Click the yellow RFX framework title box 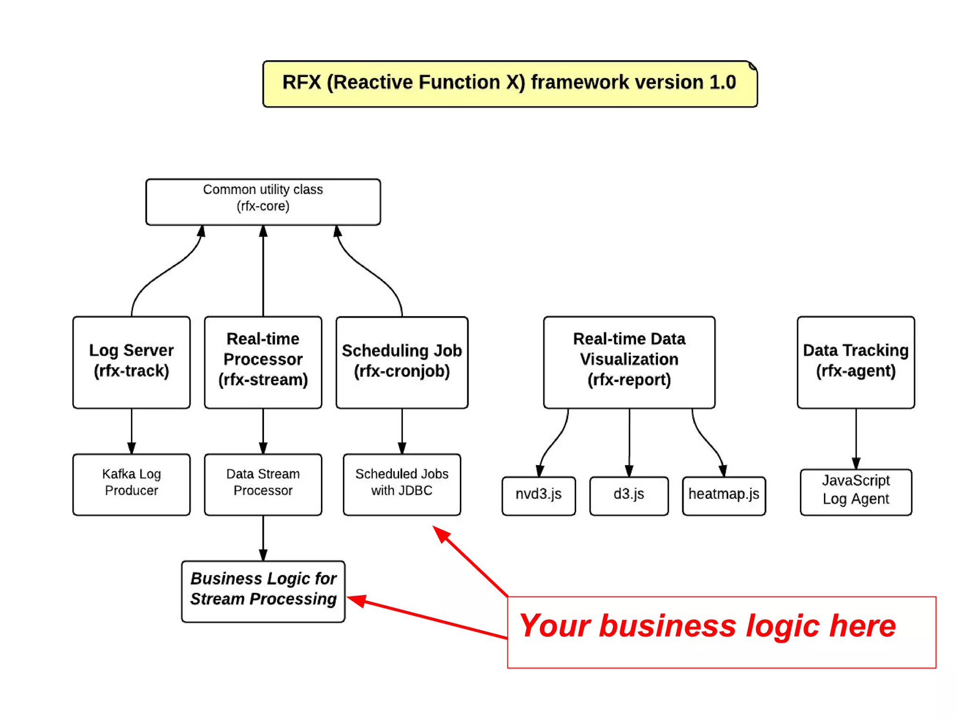click(509, 84)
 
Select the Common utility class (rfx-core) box click(263, 202)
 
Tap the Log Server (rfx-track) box click(131, 362)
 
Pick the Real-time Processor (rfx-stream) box click(263, 362)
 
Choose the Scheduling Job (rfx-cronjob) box click(401, 362)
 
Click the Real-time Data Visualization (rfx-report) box click(629, 362)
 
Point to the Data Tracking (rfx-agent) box click(856, 362)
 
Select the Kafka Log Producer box click(131, 484)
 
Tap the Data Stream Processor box click(263, 484)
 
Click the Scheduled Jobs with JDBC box click(401, 484)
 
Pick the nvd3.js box click(538, 495)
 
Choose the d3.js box click(628, 495)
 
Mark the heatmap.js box click(723, 495)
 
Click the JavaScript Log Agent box click(856, 492)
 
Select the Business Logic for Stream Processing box click(263, 591)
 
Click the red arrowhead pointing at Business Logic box click(356, 600)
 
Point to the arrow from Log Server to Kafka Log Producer click(131, 430)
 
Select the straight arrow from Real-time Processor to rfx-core click(263, 271)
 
